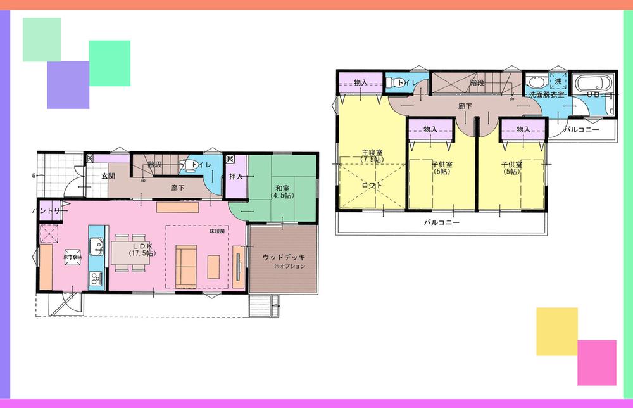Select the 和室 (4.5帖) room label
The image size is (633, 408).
click(x=282, y=191)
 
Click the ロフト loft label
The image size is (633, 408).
click(x=372, y=186)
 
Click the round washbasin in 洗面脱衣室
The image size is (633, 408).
click(x=535, y=83)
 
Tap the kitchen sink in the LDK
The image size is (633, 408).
click(x=94, y=245)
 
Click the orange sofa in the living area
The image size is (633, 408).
click(x=186, y=265)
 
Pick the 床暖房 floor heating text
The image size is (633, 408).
click(x=218, y=233)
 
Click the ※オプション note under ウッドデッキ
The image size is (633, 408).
click(x=290, y=267)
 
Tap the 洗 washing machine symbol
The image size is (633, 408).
click(x=558, y=82)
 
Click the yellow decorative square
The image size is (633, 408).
click(x=557, y=331)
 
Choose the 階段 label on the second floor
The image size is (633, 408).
click(x=477, y=82)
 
